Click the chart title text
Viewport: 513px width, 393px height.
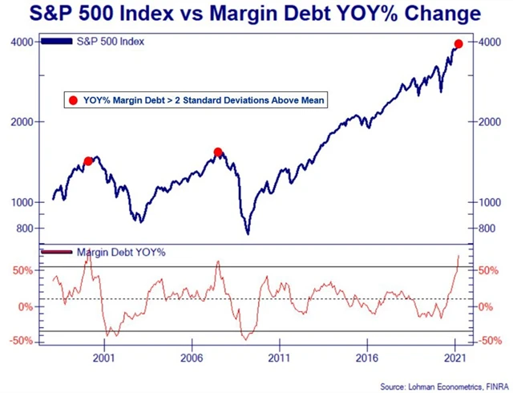pyautogui.click(x=256, y=14)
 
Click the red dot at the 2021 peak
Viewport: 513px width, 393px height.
pyautogui.click(x=458, y=43)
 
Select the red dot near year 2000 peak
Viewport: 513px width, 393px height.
pyautogui.click(x=88, y=161)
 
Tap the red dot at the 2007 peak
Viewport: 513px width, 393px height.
pyautogui.click(x=218, y=152)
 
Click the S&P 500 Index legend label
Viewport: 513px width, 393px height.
pyautogui.click(x=111, y=42)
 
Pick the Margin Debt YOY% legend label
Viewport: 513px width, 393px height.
pyautogui.click(x=121, y=253)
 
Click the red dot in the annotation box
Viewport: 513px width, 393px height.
pyautogui.click(x=73, y=100)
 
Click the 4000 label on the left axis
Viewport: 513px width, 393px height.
pyautogui.click(x=22, y=42)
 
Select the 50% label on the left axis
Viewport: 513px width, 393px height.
pyautogui.click(x=22, y=271)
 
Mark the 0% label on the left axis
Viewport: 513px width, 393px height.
pyautogui.click(x=26, y=307)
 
